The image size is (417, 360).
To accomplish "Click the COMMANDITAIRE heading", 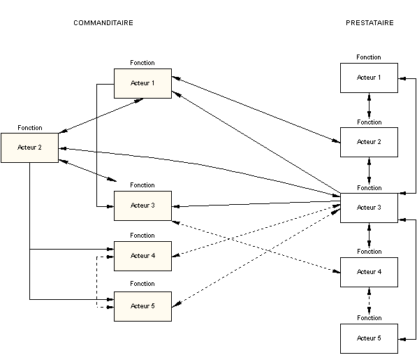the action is [103, 23].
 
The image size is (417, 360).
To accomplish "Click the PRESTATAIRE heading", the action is [370, 23].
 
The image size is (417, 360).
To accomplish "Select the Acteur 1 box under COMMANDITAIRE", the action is [142, 84].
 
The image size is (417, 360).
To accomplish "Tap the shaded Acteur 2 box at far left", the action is [30, 147].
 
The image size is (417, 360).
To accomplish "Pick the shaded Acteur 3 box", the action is [142, 206].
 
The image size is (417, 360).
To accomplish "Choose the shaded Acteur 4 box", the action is [142, 256].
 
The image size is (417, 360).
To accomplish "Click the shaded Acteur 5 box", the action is [142, 306].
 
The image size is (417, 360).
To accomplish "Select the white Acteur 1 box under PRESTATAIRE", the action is [369, 78].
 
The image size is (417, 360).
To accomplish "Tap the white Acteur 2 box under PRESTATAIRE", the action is [369, 142].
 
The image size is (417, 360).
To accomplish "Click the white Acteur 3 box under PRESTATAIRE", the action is [369, 208].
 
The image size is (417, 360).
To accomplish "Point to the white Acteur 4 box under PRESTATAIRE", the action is [369, 272].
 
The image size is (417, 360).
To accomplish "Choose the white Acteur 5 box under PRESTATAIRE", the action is [369, 338].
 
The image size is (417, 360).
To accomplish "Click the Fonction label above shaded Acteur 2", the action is [30, 128].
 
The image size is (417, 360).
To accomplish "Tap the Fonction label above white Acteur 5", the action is [369, 317].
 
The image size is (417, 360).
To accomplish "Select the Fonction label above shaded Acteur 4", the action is [142, 235].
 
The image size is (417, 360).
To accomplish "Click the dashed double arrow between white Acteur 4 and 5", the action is [369, 301].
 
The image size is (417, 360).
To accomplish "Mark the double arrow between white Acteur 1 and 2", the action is [369, 106].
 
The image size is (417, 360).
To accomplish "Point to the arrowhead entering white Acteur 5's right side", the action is [402, 339].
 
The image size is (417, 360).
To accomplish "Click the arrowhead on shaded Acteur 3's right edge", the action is [176, 206].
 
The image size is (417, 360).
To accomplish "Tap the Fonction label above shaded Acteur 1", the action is [142, 63].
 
